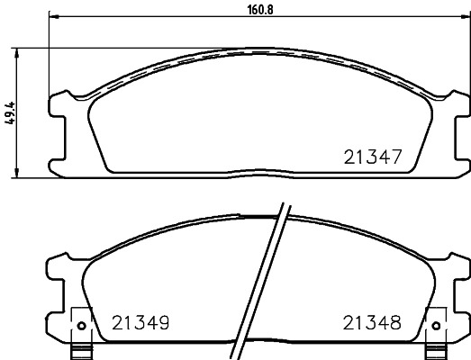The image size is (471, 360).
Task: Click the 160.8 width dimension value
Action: (260, 10)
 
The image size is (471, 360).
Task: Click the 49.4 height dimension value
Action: (10, 113)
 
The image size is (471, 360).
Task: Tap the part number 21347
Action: (373, 157)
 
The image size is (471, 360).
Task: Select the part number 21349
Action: (140, 323)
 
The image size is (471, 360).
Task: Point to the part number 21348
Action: (372, 323)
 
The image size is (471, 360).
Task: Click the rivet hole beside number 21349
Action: (81, 326)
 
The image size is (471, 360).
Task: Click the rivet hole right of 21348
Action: (436, 326)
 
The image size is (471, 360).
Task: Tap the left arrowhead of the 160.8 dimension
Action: (53, 16)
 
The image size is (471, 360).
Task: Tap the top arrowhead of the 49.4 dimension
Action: (17, 52)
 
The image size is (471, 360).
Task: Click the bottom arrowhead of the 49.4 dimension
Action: (17, 173)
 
